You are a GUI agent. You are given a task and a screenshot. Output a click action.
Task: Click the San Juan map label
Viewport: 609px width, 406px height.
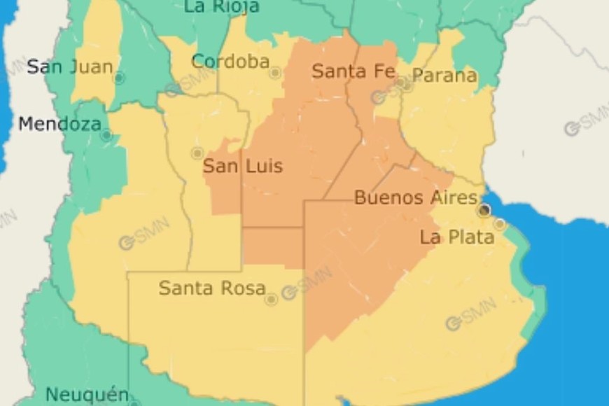(x=69, y=67)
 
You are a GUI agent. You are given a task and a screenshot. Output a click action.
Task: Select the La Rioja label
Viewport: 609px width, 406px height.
(x=221, y=7)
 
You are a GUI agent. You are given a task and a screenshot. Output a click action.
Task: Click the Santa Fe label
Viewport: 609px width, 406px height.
(x=353, y=71)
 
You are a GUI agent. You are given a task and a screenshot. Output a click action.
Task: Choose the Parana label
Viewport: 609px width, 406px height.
(x=444, y=76)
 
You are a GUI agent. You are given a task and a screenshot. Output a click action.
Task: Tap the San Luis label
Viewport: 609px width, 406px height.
(x=243, y=167)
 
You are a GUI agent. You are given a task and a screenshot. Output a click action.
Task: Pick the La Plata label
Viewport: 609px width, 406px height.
(x=456, y=237)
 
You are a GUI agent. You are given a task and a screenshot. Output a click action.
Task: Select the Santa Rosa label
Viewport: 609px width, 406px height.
(x=212, y=288)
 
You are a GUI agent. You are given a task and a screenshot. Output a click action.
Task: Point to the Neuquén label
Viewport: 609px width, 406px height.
(x=87, y=394)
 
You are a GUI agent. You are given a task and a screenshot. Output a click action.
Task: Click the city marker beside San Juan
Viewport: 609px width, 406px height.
(x=119, y=78)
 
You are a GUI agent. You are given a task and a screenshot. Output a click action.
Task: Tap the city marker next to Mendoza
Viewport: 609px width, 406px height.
(x=106, y=134)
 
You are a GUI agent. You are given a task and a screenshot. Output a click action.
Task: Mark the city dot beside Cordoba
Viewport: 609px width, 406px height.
(x=275, y=72)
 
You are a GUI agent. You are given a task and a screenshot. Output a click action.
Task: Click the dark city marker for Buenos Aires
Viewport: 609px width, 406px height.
(x=484, y=210)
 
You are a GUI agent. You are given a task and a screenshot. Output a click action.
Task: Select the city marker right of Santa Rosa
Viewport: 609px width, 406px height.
(x=271, y=300)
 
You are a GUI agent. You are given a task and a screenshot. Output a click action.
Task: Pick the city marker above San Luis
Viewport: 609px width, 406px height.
(x=197, y=153)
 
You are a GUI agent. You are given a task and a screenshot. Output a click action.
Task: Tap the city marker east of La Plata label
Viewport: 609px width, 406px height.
(x=500, y=224)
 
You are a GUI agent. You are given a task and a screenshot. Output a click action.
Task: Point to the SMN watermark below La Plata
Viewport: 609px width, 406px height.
(x=471, y=314)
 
